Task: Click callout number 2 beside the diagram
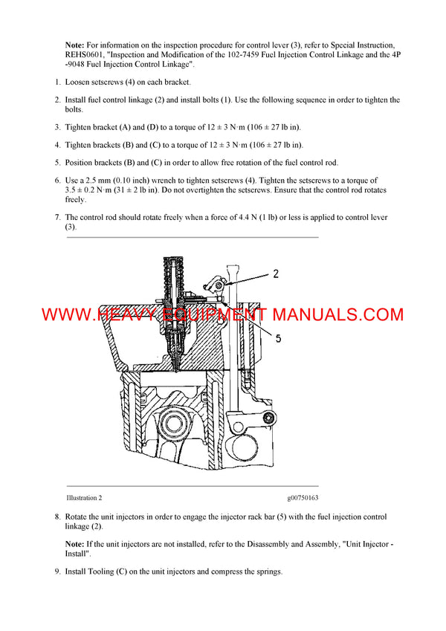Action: point(276,274)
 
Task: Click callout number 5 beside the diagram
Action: point(279,337)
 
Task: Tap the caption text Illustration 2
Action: point(84,498)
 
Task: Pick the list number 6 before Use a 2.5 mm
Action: point(57,181)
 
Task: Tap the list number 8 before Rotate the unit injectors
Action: point(57,517)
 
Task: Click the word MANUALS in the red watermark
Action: point(311,314)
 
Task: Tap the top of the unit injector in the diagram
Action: point(177,258)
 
